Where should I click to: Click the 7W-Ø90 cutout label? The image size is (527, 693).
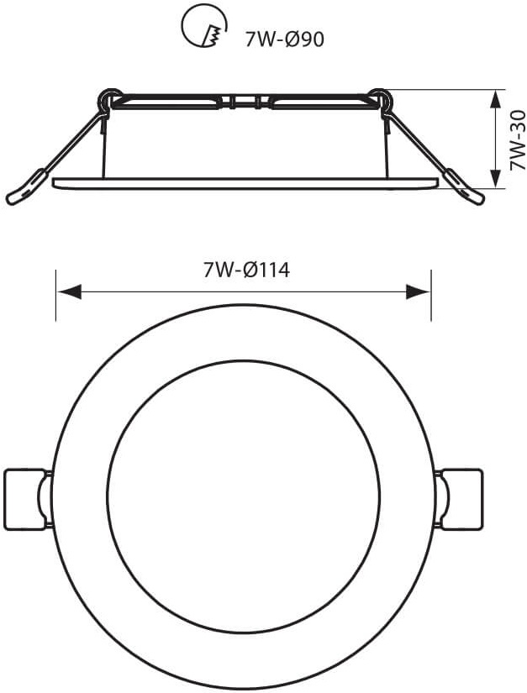click(285, 39)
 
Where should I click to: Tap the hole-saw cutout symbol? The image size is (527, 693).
click(204, 28)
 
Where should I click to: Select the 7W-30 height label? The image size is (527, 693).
click(517, 140)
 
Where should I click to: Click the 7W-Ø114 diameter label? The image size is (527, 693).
click(246, 270)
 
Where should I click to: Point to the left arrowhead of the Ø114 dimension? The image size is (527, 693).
click(69, 291)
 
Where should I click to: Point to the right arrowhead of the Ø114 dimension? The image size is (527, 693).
click(419, 291)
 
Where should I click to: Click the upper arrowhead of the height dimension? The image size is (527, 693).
click(497, 100)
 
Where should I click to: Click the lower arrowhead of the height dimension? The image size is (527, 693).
click(497, 176)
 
